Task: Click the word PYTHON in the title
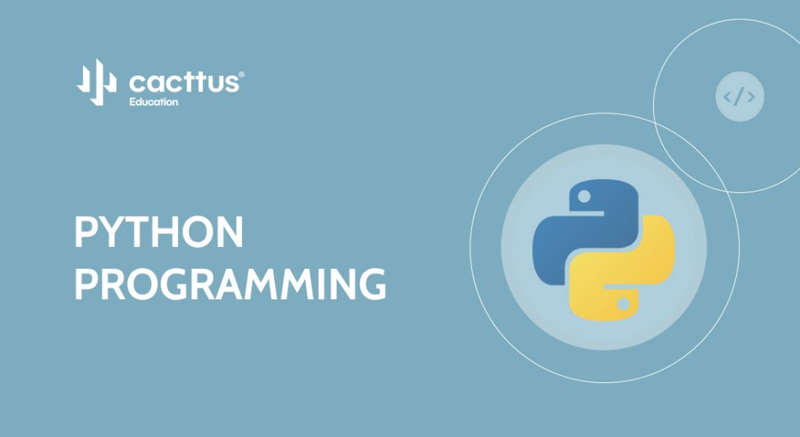pyautogui.click(x=159, y=231)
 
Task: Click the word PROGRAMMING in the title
pyautogui.click(x=230, y=284)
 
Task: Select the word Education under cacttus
pyautogui.click(x=154, y=102)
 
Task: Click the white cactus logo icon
pyautogui.click(x=97, y=82)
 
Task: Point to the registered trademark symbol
pyautogui.click(x=241, y=74)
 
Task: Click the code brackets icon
pyautogui.click(x=740, y=96)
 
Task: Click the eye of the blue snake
pyautogui.click(x=584, y=196)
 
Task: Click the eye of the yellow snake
pyautogui.click(x=623, y=304)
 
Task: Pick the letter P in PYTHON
pyautogui.click(x=84, y=231)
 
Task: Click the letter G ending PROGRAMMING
pyautogui.click(x=373, y=284)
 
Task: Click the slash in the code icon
pyautogui.click(x=739, y=96)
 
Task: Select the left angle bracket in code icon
pyautogui.click(x=727, y=96)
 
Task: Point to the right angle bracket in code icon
pyautogui.click(x=751, y=96)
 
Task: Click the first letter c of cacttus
pyautogui.click(x=137, y=84)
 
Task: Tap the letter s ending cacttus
pyautogui.click(x=231, y=84)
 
